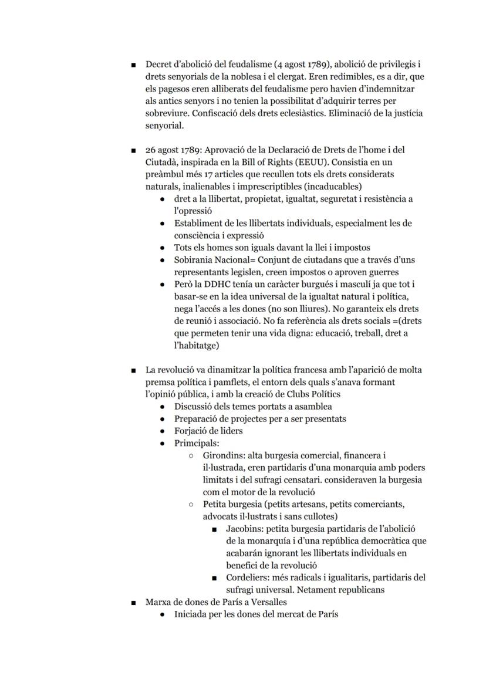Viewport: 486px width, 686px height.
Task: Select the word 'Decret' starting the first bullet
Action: pos(158,64)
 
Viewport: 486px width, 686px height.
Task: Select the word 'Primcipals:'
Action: pos(197,443)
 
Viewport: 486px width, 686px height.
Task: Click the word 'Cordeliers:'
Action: pos(248,577)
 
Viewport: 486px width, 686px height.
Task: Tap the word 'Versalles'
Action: pos(268,602)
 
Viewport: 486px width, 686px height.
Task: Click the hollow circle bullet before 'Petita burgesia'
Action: pos(191,504)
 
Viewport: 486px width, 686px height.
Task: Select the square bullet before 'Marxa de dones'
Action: pos(134,602)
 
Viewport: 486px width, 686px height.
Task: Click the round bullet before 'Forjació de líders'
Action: pos(163,431)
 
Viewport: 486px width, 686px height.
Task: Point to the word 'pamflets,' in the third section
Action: pos(224,382)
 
